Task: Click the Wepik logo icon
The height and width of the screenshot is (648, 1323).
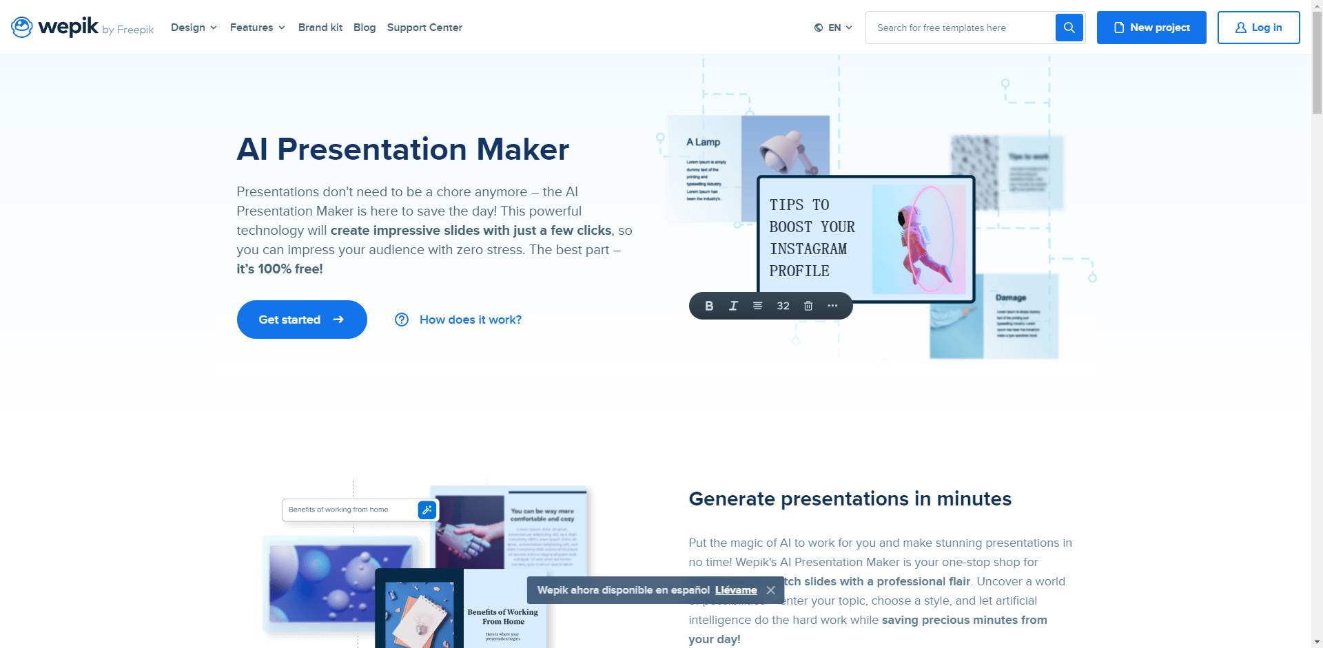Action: pyautogui.click(x=22, y=28)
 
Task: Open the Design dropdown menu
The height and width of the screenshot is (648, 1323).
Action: pyautogui.click(x=194, y=28)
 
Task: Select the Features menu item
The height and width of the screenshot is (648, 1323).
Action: pyautogui.click(x=257, y=28)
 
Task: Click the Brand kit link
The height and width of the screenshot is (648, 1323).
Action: pyautogui.click(x=320, y=28)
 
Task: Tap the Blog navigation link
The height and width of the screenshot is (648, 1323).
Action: pyautogui.click(x=365, y=28)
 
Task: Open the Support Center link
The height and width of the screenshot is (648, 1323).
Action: pyautogui.click(x=424, y=28)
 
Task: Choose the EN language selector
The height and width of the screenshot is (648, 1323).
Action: pyautogui.click(x=833, y=28)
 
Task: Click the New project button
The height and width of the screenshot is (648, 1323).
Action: pyautogui.click(x=1151, y=28)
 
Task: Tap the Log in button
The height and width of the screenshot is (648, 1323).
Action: pyautogui.click(x=1258, y=28)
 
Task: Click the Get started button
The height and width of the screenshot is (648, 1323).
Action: pyautogui.click(x=302, y=320)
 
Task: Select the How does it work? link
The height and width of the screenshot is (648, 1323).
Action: pyautogui.click(x=470, y=320)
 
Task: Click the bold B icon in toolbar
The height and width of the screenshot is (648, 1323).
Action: pyautogui.click(x=709, y=306)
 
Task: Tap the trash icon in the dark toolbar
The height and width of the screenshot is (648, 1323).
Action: pyautogui.click(x=808, y=306)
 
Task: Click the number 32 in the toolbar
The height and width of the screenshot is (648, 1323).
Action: pyautogui.click(x=783, y=306)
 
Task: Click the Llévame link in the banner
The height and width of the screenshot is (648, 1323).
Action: pyautogui.click(x=736, y=590)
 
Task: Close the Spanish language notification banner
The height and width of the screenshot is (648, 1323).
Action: pyautogui.click(x=771, y=590)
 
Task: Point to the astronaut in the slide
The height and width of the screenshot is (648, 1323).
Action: pyautogui.click(x=920, y=238)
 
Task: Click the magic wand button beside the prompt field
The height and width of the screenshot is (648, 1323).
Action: pyautogui.click(x=427, y=510)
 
